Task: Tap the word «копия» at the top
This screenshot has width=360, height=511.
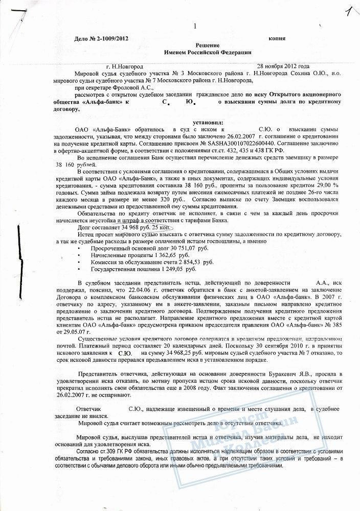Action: [277, 39]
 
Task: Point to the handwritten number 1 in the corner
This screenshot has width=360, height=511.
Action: [349, 12]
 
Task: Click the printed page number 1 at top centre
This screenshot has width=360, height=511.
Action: [195, 27]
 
